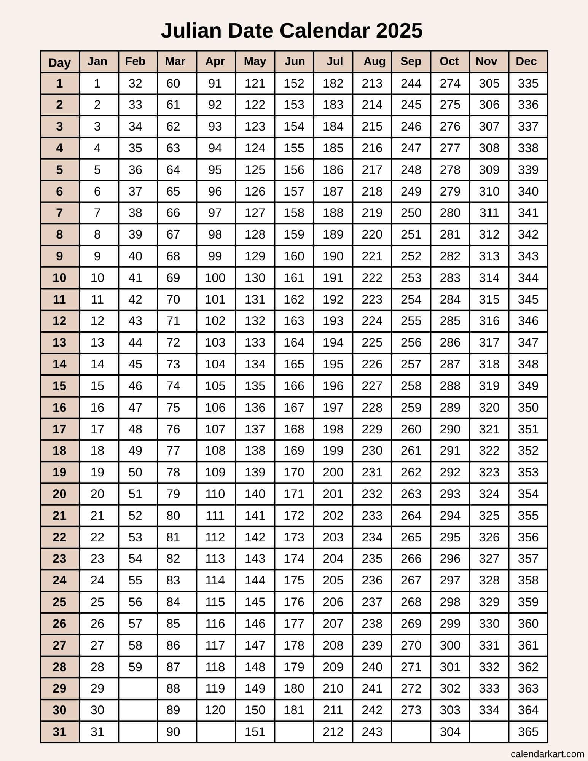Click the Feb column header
pos(135,61)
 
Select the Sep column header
pos(411,61)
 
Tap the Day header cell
pos(59,62)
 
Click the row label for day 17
pos(59,429)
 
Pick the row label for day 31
pos(59,732)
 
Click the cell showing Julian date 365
pos(528,732)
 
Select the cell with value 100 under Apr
pos(215,278)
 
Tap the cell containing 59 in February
pos(135,667)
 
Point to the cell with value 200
pos(333,472)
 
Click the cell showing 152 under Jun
pos(294,83)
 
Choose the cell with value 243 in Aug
pos(372,732)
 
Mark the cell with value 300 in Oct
pos(450,645)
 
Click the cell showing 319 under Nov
pos(489,386)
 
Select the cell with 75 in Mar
pos(173,408)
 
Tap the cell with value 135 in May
pos(255,386)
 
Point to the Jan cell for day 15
pos(97,386)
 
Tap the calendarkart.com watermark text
pos(547,754)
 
